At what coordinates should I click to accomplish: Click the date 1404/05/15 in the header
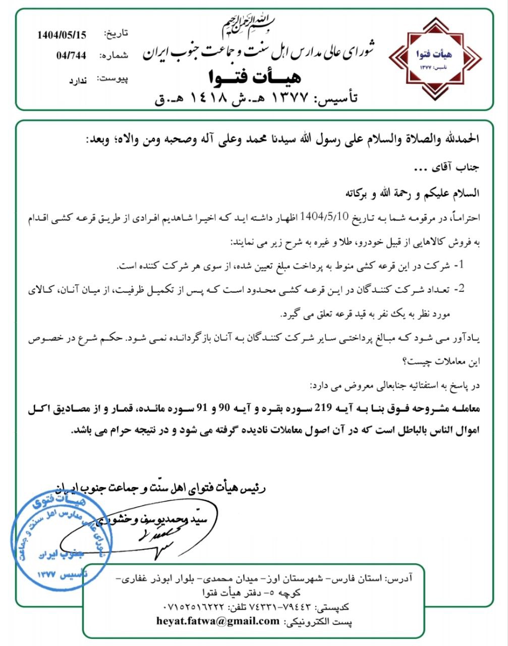coord(62,35)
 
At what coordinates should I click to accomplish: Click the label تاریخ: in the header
coord(116,34)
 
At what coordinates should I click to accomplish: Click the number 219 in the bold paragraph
coord(324,408)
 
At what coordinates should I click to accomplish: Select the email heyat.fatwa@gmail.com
coord(218,621)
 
